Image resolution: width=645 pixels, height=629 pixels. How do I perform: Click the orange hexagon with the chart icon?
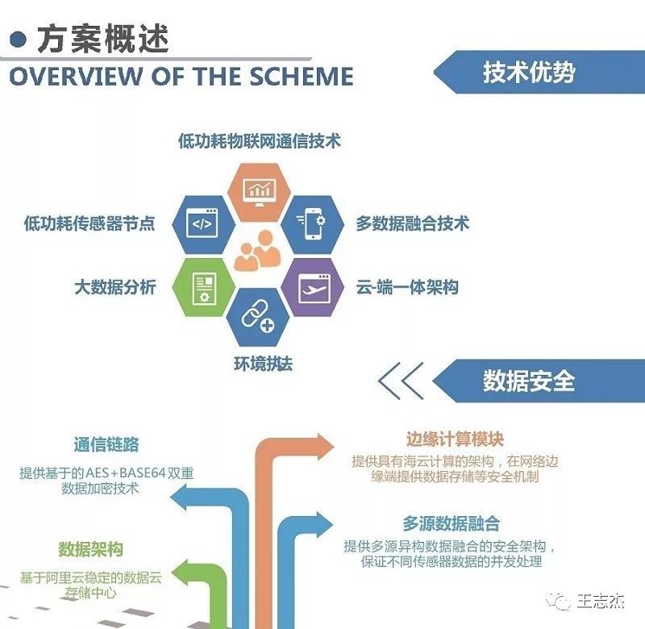pos(259,192)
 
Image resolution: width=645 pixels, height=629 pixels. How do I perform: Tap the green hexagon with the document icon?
pos(204,287)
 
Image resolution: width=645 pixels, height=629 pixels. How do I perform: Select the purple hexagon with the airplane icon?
pos(313,287)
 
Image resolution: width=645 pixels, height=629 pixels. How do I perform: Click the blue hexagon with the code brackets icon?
pos(204,224)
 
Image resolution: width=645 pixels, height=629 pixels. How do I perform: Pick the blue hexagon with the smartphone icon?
pos(313,224)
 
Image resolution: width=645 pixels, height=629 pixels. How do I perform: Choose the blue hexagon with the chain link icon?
pos(258,317)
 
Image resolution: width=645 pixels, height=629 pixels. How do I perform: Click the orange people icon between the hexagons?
pos(257,251)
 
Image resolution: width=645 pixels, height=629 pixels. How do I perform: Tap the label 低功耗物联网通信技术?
pos(260,140)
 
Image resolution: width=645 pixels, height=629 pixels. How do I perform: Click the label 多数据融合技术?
pos(413,223)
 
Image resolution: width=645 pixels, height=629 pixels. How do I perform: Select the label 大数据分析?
pos(115,287)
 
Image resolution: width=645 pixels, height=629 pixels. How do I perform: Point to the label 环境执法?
pos(264,364)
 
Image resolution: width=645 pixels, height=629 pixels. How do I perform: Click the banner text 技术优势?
pos(529,73)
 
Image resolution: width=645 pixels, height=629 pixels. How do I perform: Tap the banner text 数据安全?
pos(529,381)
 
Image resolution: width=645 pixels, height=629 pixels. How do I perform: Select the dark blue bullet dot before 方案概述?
pos(18,40)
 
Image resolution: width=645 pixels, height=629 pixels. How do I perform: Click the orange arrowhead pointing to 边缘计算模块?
pos(322,448)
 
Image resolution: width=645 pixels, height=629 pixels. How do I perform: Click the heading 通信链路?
pos(106,444)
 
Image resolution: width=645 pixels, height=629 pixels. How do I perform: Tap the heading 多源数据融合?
pos(451,523)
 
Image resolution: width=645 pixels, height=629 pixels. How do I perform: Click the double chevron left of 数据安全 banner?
pos(400,381)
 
